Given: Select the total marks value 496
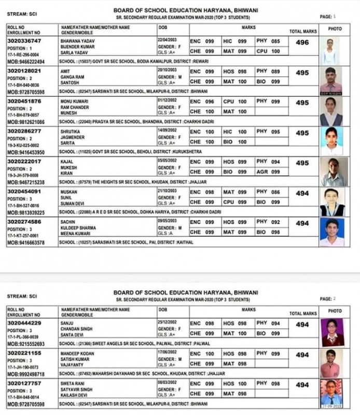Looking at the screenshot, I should pos(302,43).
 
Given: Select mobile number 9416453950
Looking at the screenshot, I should pos(25,153).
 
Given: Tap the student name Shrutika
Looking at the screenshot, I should pos(71,132).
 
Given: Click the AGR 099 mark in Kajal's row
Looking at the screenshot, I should pos(268,172).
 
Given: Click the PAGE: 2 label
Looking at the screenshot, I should pos(328,299).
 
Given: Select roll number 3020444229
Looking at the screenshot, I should pos(24,323).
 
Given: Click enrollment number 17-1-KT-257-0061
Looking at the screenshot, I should pos(23,236).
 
